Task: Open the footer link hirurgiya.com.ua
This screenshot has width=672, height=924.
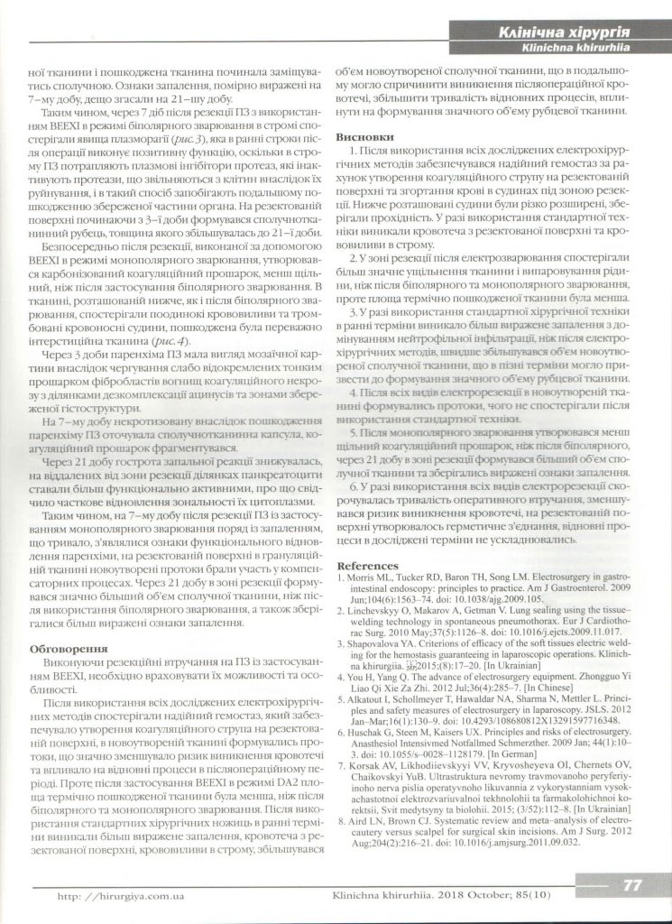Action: [x=134, y=895]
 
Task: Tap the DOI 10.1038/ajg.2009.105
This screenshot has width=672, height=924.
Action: [x=484, y=597]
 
